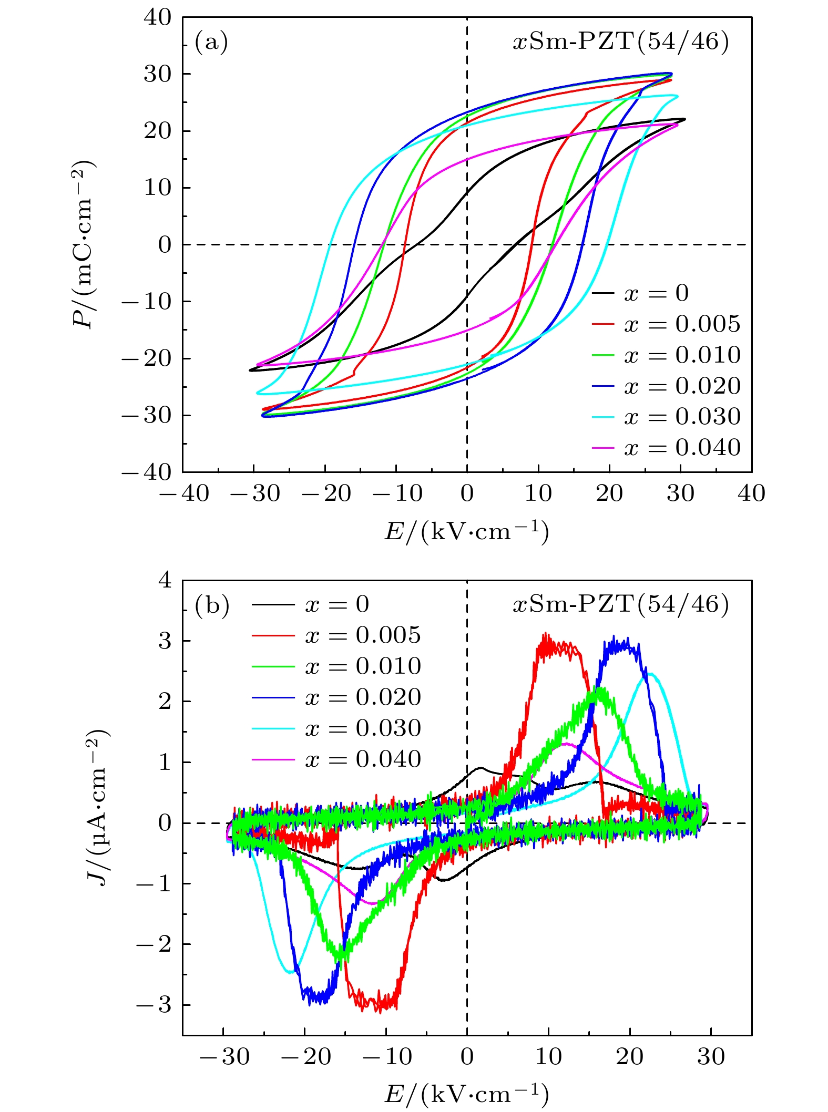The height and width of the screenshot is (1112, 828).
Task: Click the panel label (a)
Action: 211,42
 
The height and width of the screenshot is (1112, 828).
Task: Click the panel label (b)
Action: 212,605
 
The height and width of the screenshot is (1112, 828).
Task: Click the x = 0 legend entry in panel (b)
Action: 337,604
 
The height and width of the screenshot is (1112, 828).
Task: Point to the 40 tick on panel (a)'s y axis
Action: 157,18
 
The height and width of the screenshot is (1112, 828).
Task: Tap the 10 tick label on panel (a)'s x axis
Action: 538,493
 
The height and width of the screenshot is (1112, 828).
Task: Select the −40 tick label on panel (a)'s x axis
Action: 183,493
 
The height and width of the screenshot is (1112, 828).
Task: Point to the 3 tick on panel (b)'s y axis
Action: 165,641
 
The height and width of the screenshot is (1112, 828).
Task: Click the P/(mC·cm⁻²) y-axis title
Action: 84,244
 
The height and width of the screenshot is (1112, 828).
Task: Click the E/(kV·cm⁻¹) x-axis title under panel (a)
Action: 467,532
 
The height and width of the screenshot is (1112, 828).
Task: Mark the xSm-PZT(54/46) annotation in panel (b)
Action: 621,605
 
